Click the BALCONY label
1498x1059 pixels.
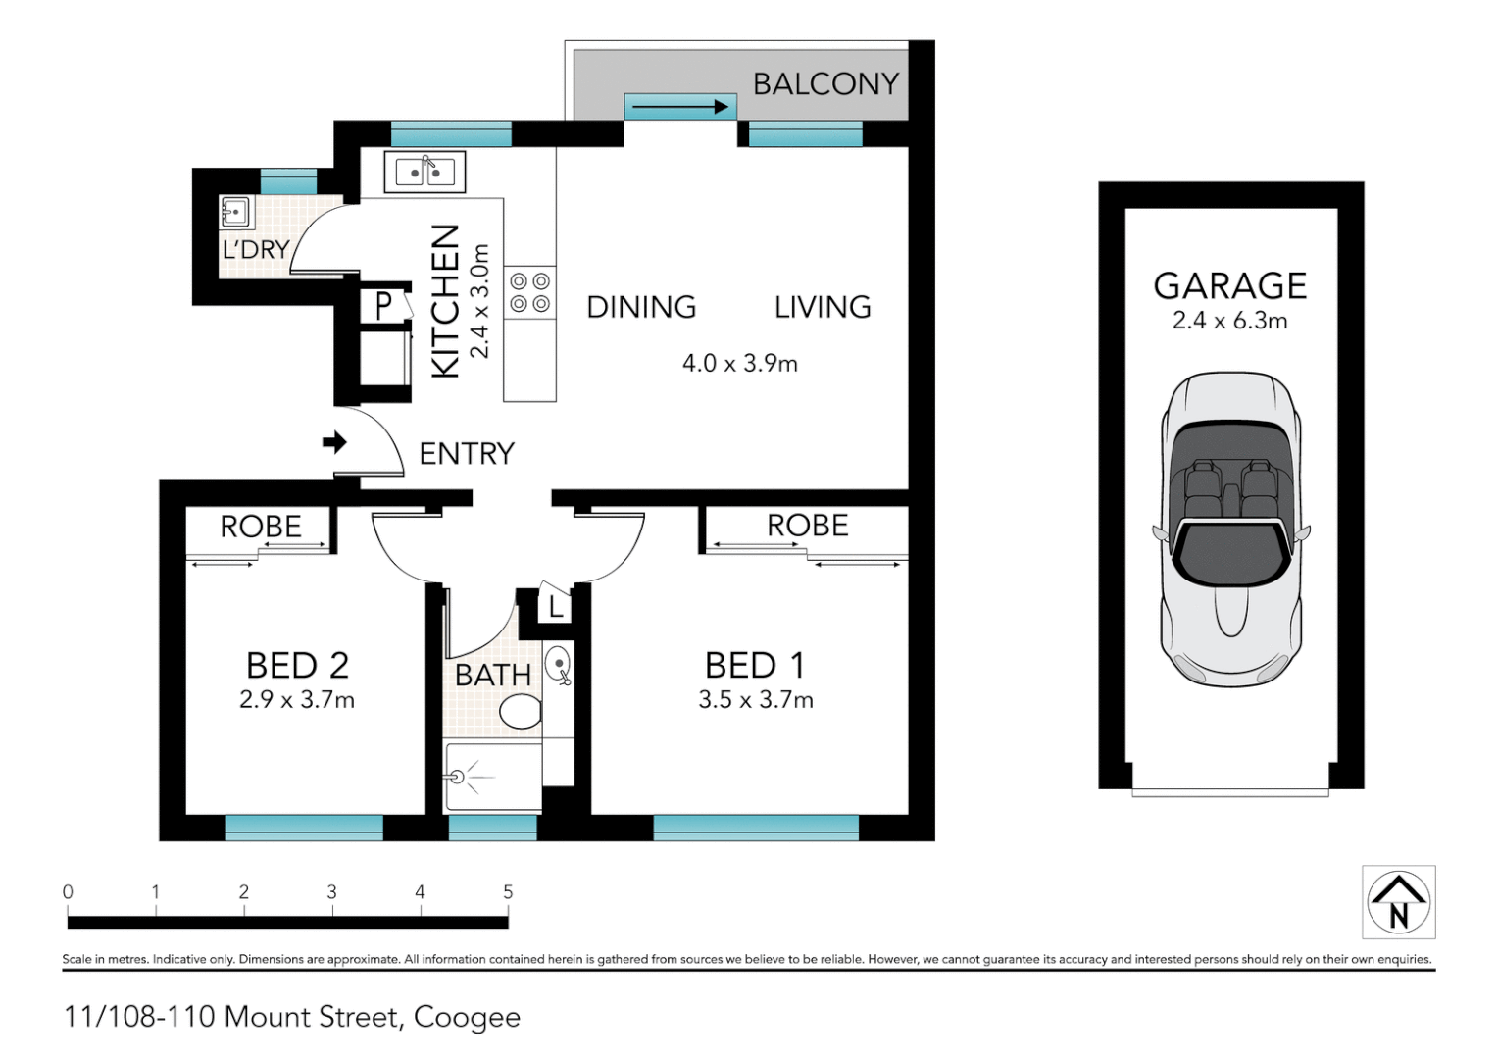click(x=825, y=84)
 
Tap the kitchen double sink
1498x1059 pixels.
click(x=424, y=173)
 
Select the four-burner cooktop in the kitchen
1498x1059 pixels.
click(x=529, y=292)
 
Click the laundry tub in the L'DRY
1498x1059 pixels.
click(x=235, y=211)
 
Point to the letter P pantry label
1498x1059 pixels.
click(x=384, y=306)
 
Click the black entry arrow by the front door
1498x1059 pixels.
click(x=335, y=442)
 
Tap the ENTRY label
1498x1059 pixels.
click(x=467, y=454)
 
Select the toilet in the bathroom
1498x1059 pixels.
click(x=521, y=711)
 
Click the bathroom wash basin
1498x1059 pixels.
click(x=558, y=665)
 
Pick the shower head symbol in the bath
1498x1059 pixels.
click(x=457, y=777)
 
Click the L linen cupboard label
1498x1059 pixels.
click(x=555, y=608)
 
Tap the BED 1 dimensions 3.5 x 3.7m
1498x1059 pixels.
click(x=755, y=700)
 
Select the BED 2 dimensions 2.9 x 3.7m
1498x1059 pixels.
click(x=296, y=700)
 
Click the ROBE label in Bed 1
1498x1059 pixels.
click(x=807, y=526)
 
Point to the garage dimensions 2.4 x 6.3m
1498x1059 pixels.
click(x=1229, y=321)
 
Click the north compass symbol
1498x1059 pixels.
click(x=1398, y=902)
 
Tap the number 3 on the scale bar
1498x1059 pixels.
click(x=331, y=892)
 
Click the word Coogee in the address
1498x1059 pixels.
click(x=467, y=1017)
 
